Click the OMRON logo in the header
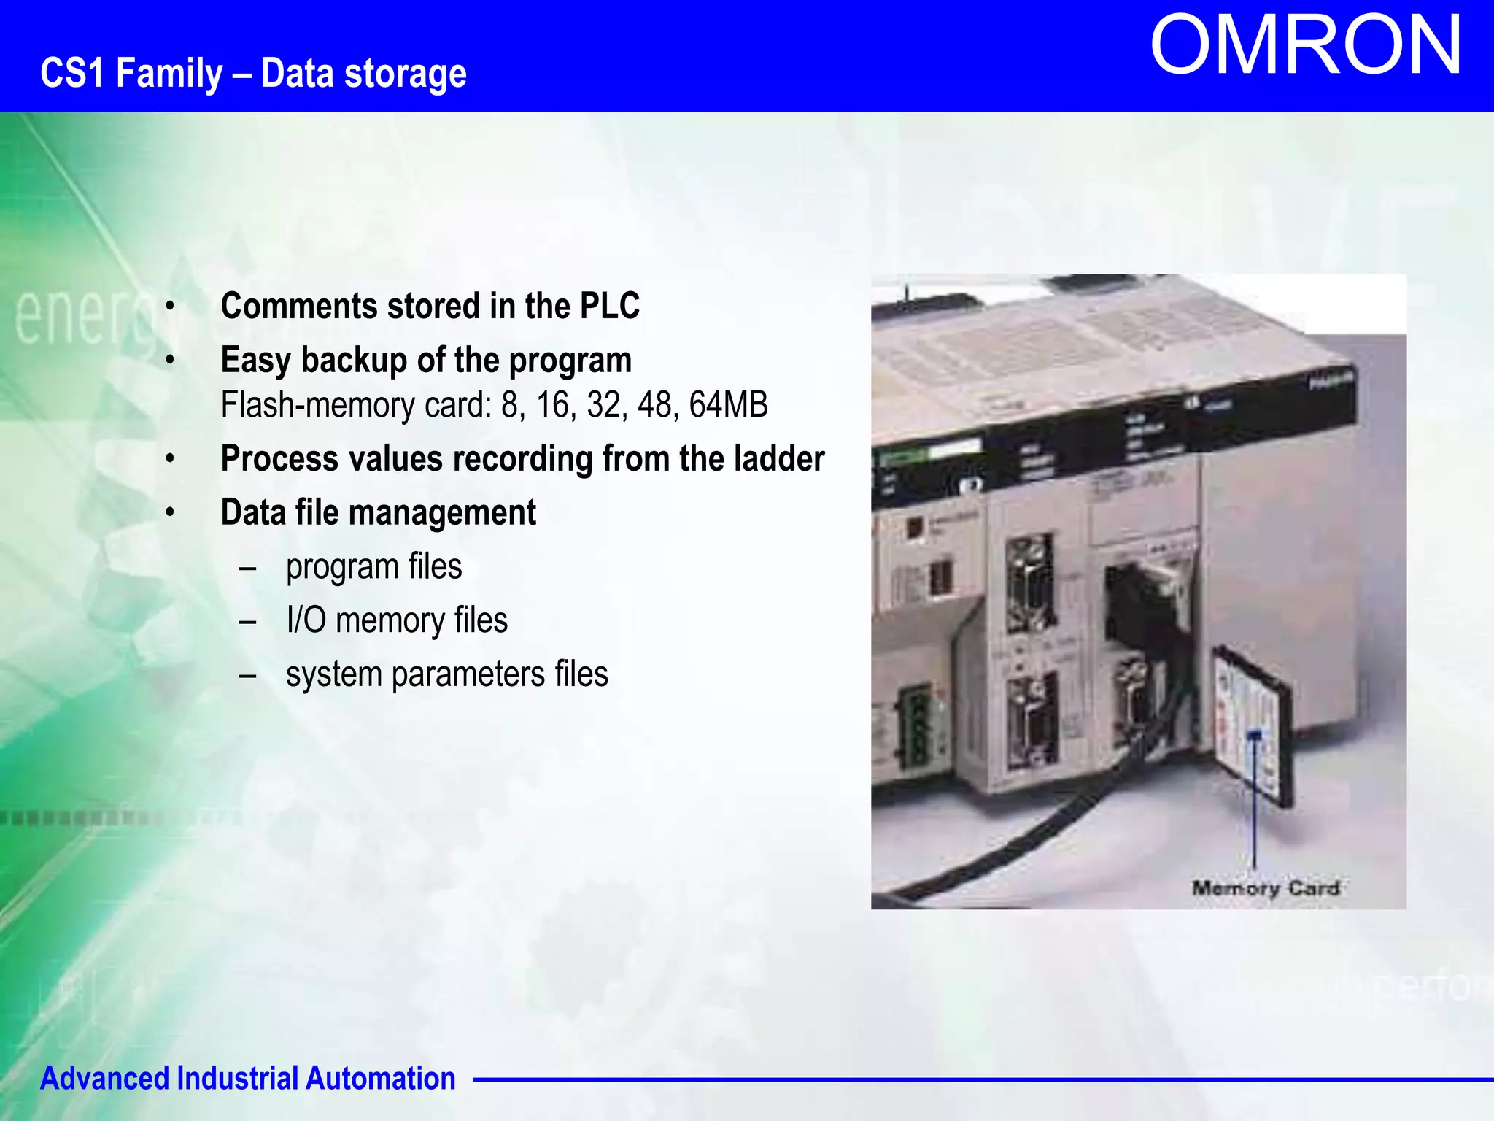click(1306, 45)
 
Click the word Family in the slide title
click(169, 74)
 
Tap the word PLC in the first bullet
click(609, 306)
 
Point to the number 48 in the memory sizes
click(655, 405)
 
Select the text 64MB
click(728, 405)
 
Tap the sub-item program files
click(373, 567)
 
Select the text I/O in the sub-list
click(306, 620)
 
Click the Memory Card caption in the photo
click(1265, 888)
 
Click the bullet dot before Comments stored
click(170, 307)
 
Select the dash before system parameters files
click(247, 675)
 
